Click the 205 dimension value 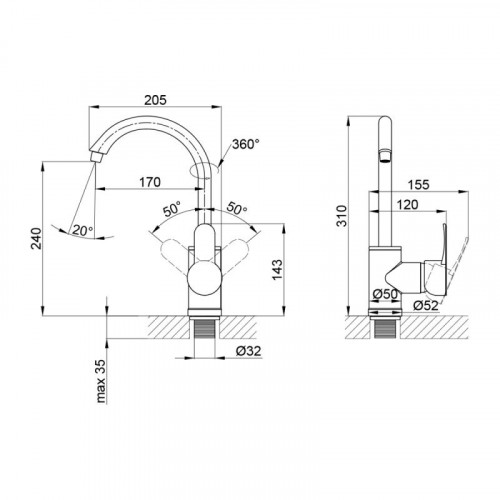[x=155, y=100]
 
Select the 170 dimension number [x=150, y=182]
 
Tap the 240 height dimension [x=36, y=238]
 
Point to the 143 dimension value [x=277, y=269]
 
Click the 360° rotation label [x=245, y=144]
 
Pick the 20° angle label [x=83, y=230]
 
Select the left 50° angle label [x=172, y=209]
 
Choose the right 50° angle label [x=237, y=209]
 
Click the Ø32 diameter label [x=248, y=351]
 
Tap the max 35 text [x=100, y=381]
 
